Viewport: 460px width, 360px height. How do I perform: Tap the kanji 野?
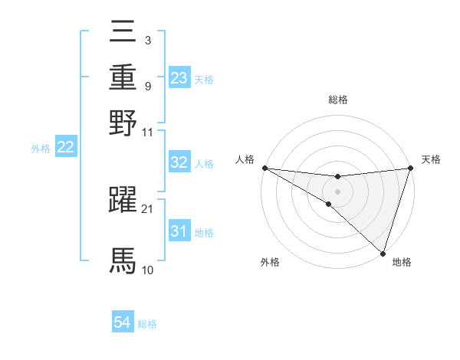pyautogui.click(x=123, y=123)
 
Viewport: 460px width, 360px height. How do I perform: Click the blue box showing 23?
pyautogui.click(x=179, y=78)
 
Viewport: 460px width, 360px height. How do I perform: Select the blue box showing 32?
pyautogui.click(x=179, y=162)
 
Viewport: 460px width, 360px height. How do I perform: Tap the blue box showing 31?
pyautogui.click(x=179, y=231)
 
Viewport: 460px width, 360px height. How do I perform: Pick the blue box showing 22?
pyautogui.click(x=65, y=148)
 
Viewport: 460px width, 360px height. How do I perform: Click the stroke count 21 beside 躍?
pyautogui.click(x=147, y=208)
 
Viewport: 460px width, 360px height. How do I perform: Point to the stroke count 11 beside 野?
pyautogui.click(x=147, y=132)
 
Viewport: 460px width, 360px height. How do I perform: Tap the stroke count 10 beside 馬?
pyautogui.click(x=147, y=270)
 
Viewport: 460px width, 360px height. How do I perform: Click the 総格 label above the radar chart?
pyautogui.click(x=337, y=100)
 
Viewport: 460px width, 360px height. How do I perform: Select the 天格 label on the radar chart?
pyautogui.click(x=431, y=159)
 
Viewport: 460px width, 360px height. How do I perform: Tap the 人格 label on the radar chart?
pyautogui.click(x=245, y=159)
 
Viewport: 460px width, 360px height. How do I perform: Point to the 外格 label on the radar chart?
pyautogui.click(x=270, y=263)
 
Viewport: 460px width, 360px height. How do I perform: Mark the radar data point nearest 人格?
pyautogui.click(x=264, y=168)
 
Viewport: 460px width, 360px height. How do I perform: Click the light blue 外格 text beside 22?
pyautogui.click(x=41, y=149)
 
